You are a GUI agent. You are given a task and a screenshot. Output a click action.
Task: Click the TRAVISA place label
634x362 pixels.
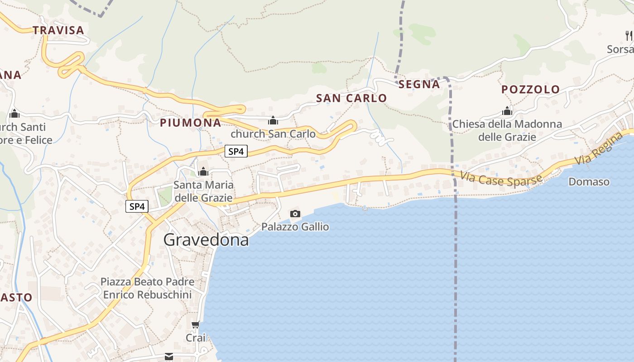click(58, 30)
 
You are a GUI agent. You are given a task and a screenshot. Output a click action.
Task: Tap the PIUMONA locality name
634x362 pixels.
click(191, 123)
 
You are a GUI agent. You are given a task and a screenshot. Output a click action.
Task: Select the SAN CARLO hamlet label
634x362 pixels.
click(351, 98)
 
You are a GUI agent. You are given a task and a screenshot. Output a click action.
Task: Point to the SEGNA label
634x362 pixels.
click(419, 84)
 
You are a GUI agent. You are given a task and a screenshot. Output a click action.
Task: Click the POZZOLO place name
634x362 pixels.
click(531, 90)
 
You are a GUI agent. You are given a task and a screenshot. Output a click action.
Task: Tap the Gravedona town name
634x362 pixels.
click(206, 240)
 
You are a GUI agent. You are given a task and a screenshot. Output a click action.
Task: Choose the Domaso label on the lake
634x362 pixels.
click(589, 182)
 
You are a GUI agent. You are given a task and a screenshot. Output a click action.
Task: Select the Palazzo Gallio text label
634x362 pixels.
click(295, 227)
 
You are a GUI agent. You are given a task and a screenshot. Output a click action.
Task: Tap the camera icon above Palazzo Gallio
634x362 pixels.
click(295, 214)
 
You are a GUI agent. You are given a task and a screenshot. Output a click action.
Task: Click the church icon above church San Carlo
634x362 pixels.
click(273, 121)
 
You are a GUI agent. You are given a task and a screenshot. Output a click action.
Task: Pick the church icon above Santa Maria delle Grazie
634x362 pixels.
click(203, 171)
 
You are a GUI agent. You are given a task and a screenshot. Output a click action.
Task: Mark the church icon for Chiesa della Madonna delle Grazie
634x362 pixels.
click(507, 111)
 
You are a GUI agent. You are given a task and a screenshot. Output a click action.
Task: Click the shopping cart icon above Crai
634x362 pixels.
click(195, 324)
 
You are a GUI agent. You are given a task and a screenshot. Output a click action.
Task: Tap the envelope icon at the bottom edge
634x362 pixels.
click(169, 357)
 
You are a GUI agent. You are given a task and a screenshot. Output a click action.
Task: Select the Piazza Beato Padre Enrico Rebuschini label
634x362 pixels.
click(147, 288)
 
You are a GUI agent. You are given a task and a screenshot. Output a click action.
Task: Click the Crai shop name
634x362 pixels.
click(196, 338)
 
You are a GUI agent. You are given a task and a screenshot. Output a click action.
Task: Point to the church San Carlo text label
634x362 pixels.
click(273, 134)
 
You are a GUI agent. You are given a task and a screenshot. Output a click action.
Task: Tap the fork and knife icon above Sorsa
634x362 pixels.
click(629, 35)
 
